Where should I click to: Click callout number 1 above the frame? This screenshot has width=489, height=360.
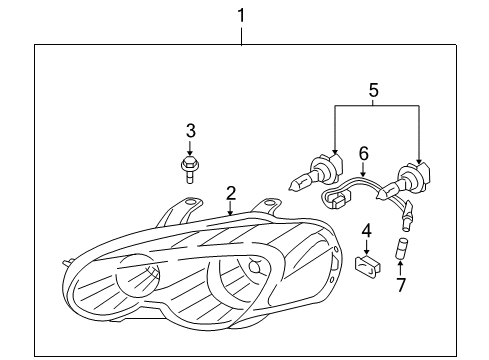click(241, 14)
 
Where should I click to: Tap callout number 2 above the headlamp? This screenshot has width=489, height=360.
click(230, 192)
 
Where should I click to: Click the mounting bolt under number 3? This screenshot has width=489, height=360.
click(188, 167)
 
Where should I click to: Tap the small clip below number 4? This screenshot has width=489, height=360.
click(366, 266)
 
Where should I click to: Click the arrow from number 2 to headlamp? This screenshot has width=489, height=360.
click(230, 207)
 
